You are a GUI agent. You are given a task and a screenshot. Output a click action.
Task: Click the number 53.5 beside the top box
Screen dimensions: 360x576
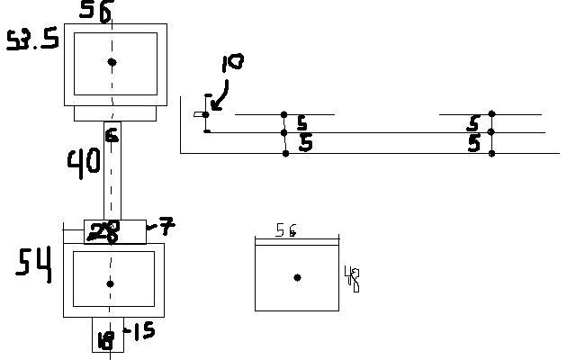[32, 40]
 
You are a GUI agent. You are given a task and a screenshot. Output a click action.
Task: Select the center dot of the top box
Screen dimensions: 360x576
[112, 62]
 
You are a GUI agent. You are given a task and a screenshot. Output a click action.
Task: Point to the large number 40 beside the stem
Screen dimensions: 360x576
[84, 163]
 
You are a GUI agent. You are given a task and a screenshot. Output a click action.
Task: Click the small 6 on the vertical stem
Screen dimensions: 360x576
[112, 136]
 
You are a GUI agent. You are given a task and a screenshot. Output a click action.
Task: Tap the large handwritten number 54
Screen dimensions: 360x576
[34, 264]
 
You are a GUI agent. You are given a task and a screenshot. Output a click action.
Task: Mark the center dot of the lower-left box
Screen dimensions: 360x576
[111, 283]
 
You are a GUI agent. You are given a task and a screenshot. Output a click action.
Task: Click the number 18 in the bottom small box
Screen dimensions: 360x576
[106, 340]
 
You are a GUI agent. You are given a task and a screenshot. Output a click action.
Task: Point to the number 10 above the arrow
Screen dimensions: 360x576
[232, 64]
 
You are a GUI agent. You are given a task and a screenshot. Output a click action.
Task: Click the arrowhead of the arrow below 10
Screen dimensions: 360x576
[210, 110]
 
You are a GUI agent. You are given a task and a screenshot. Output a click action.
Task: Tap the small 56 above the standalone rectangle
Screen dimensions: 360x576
[286, 231]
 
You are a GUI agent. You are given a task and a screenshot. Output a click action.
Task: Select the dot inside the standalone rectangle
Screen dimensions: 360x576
[297, 277]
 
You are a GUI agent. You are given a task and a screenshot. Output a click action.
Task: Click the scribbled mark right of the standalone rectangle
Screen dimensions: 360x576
[353, 280]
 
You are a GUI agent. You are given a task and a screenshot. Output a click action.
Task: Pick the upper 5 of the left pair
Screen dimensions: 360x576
[301, 124]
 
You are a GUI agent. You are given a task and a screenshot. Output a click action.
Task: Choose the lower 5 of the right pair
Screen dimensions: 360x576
[473, 144]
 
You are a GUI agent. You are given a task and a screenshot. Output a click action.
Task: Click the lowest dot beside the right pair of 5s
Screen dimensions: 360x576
[491, 154]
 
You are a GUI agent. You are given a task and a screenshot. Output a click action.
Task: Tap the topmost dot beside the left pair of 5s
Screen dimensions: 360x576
[284, 114]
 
